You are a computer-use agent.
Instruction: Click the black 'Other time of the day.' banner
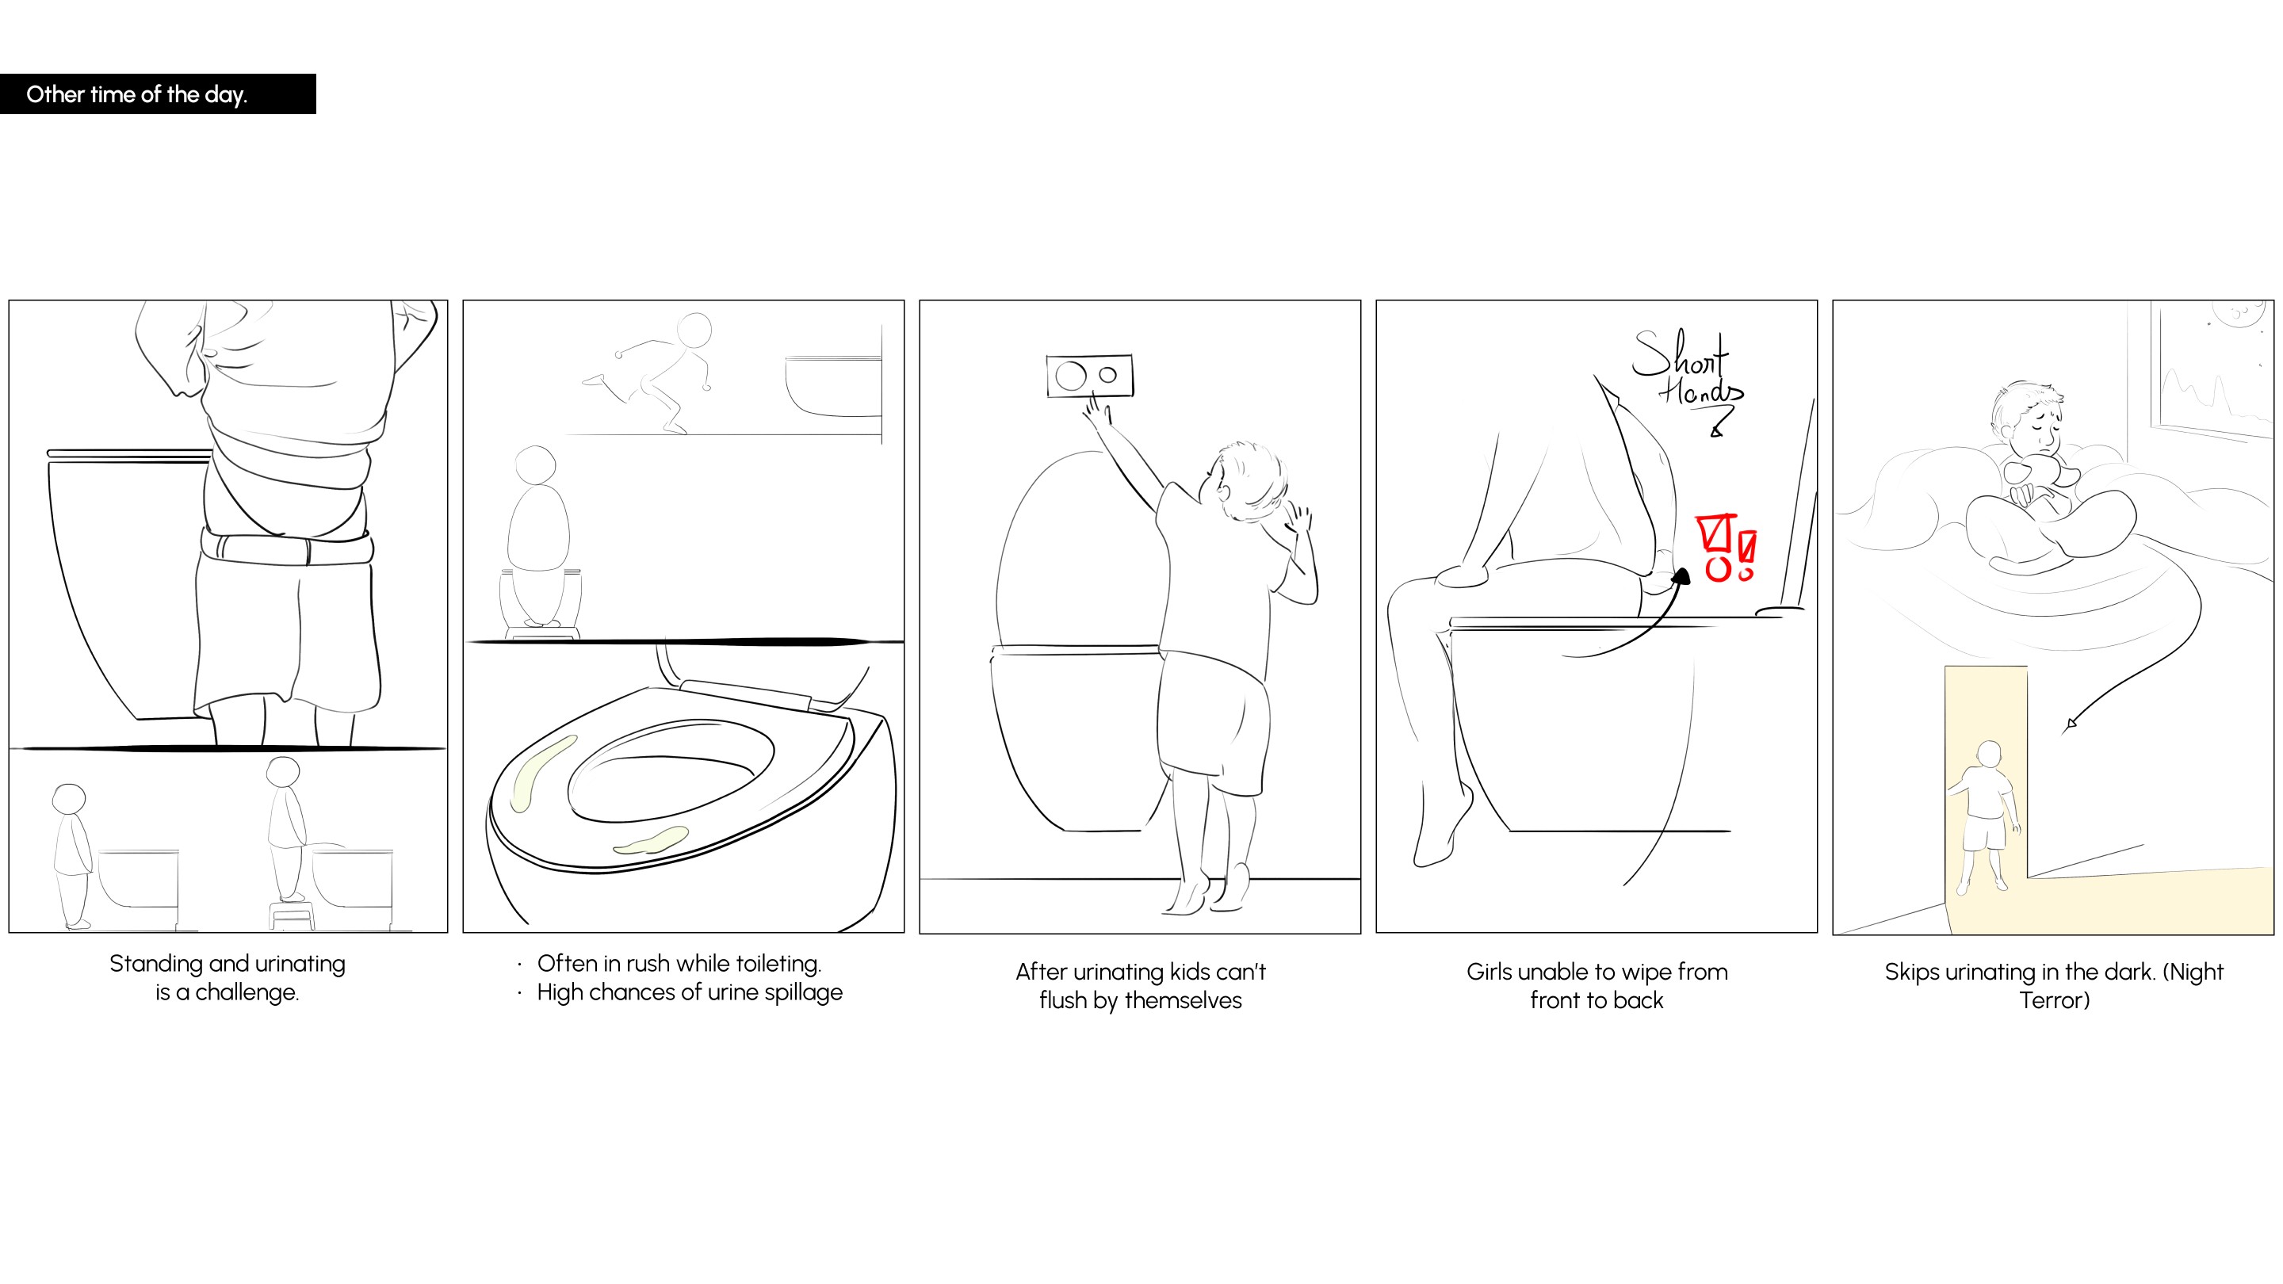(158, 94)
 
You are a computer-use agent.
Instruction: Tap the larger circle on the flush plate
(1071, 376)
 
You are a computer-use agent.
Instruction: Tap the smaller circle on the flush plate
(1108, 375)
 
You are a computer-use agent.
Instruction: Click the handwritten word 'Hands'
(1700, 391)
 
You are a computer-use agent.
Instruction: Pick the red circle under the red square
(1718, 569)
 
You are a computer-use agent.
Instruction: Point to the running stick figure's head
(694, 330)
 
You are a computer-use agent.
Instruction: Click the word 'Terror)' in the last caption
(2055, 1000)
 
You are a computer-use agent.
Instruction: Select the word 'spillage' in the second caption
(803, 993)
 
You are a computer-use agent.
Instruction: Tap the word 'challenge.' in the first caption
(247, 992)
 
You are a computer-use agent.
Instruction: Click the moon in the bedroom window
(2238, 315)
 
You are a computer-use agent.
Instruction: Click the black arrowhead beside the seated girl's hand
(1681, 577)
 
